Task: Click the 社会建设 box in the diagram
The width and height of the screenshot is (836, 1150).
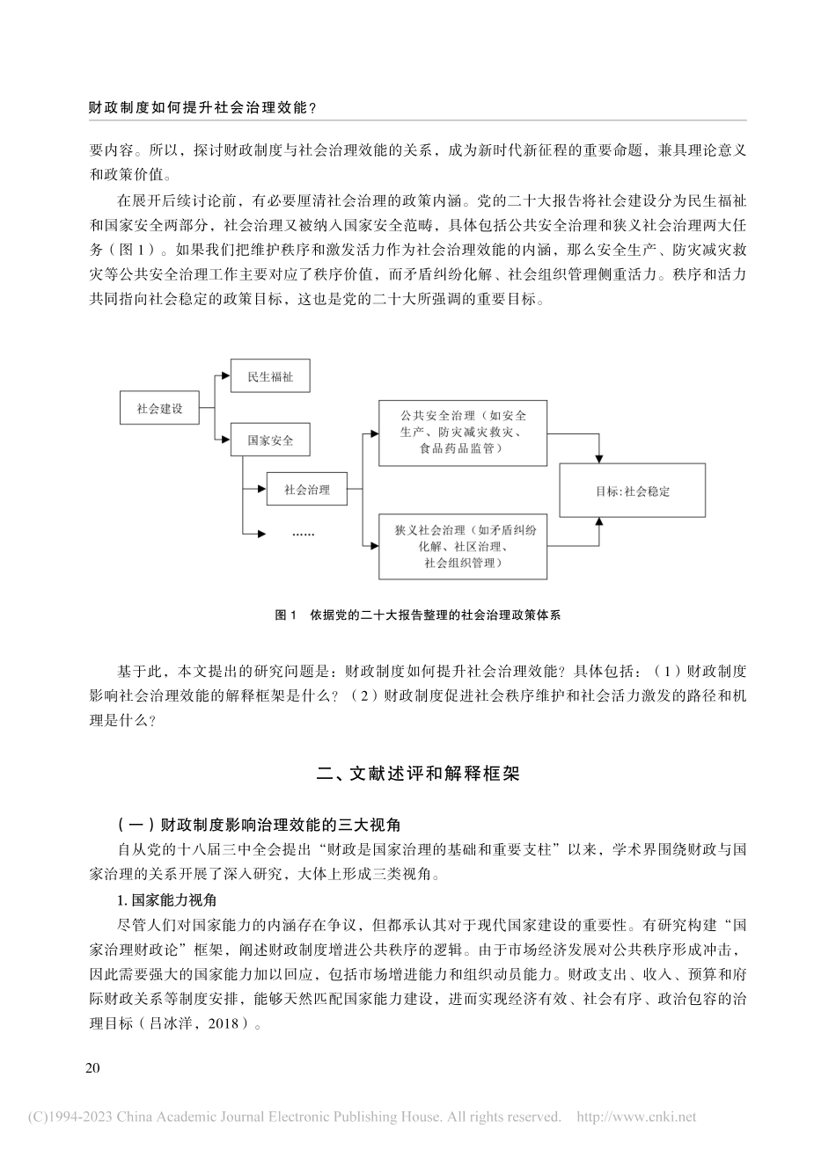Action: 159,409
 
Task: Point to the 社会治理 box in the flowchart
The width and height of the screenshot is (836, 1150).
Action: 306,491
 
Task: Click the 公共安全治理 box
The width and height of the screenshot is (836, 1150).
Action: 462,432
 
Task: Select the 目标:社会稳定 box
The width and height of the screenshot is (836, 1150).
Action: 633,491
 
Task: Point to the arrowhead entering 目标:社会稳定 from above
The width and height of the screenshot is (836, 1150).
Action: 598,458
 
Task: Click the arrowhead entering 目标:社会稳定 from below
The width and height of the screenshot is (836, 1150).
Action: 598,522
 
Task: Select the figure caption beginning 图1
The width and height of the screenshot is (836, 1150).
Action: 418,616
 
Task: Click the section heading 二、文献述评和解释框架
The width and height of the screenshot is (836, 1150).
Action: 418,775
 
